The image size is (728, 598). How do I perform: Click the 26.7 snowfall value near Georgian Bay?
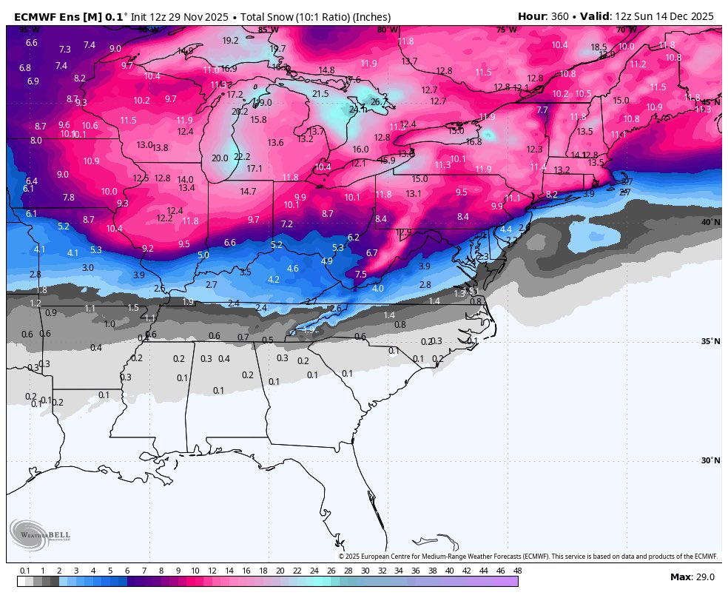pyautogui.click(x=379, y=102)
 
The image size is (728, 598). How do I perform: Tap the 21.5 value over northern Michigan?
pyautogui.click(x=320, y=94)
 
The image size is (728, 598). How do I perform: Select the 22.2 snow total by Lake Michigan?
pyautogui.click(x=242, y=157)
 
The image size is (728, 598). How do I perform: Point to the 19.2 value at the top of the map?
pyautogui.click(x=230, y=41)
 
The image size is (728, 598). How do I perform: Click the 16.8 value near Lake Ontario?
pyautogui.click(x=473, y=141)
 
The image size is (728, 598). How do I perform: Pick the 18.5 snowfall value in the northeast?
pyautogui.click(x=599, y=47)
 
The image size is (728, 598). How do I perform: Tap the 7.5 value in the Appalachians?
pyautogui.click(x=360, y=275)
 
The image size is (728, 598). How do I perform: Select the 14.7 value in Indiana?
pyautogui.click(x=248, y=191)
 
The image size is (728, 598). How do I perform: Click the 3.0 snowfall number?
pyautogui.click(x=87, y=267)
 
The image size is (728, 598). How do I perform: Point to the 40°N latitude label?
pyautogui.click(x=710, y=222)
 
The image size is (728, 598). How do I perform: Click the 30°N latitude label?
pyautogui.click(x=710, y=460)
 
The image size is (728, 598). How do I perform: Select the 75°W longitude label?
pyautogui.click(x=506, y=30)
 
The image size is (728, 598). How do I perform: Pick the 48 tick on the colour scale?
pyautogui.click(x=517, y=571)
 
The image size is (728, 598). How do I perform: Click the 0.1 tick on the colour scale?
pyautogui.click(x=25, y=571)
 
